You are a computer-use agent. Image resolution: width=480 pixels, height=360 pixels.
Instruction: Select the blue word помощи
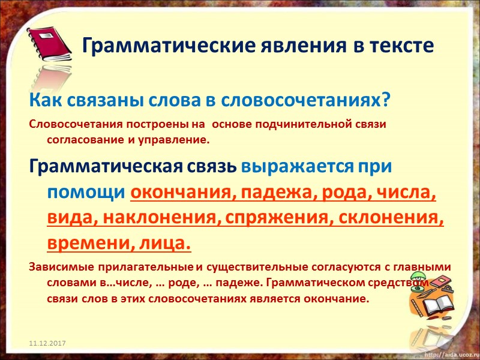click(x=86, y=193)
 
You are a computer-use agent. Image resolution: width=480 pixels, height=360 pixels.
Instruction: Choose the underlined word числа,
click(x=405, y=193)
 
